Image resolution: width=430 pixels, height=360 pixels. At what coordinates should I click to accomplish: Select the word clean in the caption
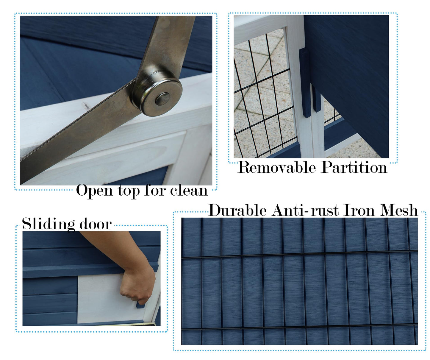(x=189, y=190)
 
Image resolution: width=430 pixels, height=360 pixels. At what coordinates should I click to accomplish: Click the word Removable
(x=276, y=167)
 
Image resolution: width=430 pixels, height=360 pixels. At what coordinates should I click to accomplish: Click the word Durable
(x=237, y=210)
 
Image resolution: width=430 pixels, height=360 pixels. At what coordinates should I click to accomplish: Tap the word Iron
(x=359, y=210)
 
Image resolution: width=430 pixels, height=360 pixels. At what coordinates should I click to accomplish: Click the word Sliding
(x=48, y=225)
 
